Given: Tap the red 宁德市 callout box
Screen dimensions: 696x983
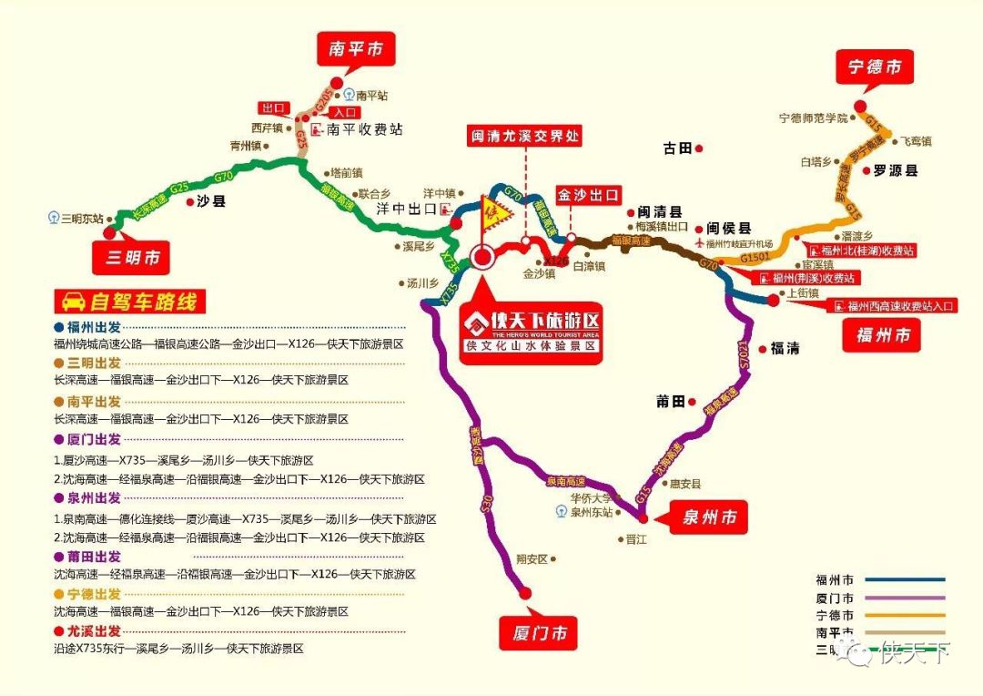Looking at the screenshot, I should [875, 67].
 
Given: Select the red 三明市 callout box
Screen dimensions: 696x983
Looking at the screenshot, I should [132, 258].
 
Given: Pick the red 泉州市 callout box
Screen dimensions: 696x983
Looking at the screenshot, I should [709, 517].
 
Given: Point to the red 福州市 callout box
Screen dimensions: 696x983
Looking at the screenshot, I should [882, 335].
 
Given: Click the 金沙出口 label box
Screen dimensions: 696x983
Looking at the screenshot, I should [589, 195].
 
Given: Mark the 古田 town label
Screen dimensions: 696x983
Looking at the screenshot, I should [678, 148].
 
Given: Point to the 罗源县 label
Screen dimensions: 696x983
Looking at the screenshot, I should [896, 170].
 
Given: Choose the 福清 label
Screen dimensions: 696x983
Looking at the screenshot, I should [785, 347].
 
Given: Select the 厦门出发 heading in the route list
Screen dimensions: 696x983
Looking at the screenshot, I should [93, 440].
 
